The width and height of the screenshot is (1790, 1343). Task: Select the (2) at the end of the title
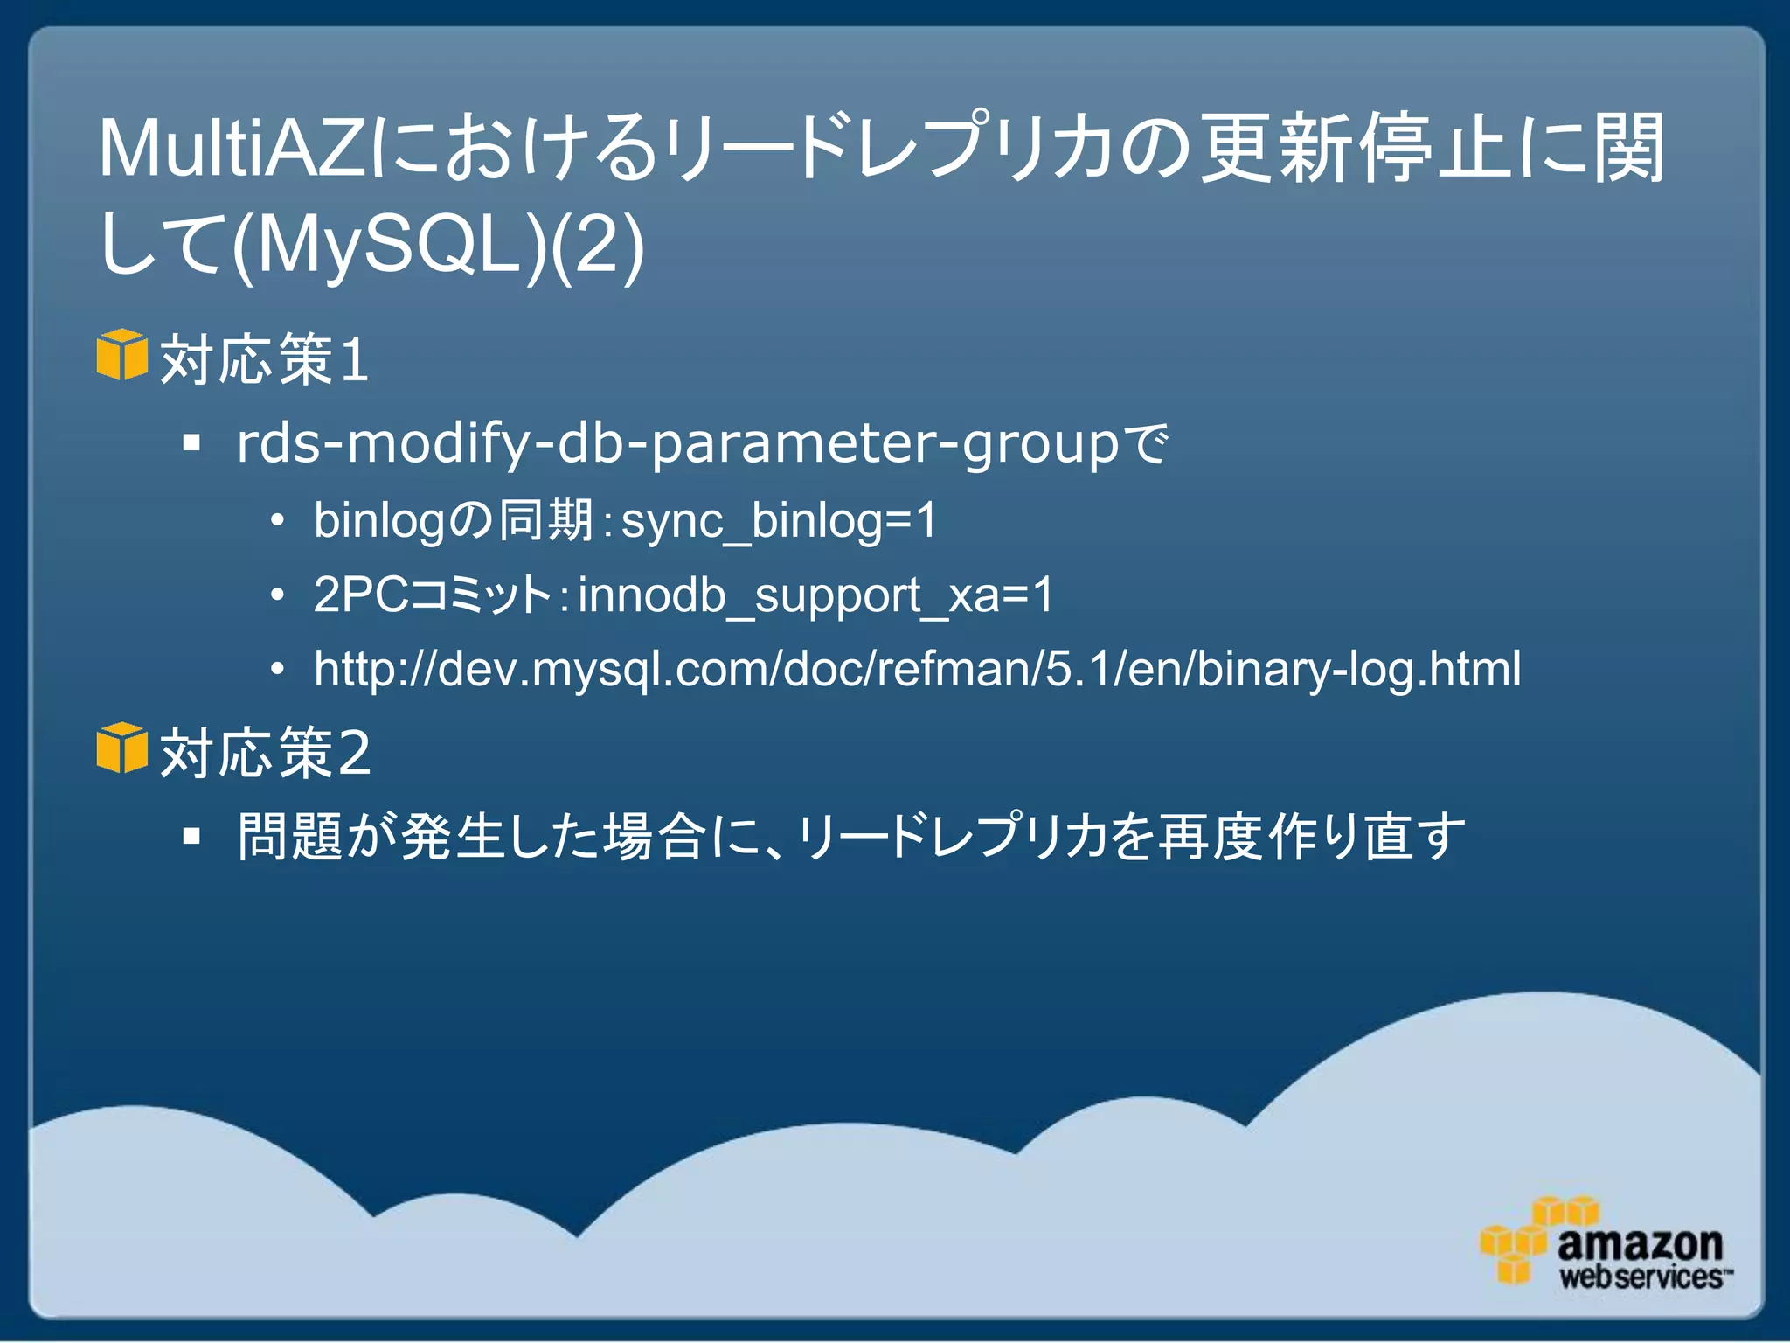click(x=600, y=244)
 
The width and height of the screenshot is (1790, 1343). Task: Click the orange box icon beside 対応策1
click(x=121, y=355)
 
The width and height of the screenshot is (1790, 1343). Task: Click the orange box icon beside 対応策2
click(x=121, y=748)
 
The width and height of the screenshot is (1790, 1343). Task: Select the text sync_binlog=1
click(x=779, y=520)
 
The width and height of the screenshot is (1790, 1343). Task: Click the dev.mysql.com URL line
click(x=917, y=669)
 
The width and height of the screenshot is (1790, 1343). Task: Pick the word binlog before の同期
click(x=379, y=520)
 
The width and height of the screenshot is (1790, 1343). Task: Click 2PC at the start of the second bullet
click(x=359, y=595)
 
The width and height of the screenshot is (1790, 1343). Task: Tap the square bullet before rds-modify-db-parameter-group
click(x=192, y=444)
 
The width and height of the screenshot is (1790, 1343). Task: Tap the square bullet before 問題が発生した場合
click(x=192, y=837)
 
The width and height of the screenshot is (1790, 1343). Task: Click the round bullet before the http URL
click(x=277, y=670)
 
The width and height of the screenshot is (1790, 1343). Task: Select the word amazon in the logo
click(x=1639, y=1243)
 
